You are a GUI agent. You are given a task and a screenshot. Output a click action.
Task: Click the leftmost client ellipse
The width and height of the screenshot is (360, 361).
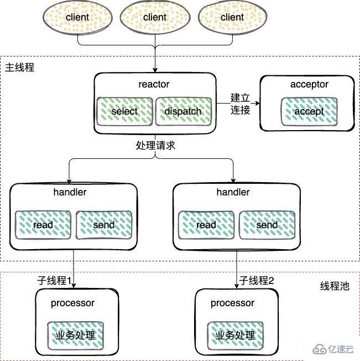point(77,18)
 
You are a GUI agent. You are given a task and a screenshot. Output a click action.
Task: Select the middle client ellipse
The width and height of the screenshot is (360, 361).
point(154,18)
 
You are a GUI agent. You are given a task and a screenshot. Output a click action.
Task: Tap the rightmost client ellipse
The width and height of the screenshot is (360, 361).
point(232,18)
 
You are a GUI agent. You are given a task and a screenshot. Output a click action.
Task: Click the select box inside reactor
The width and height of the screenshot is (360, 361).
point(124,111)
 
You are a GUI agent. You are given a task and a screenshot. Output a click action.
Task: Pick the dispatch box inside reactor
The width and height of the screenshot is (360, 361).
point(183,111)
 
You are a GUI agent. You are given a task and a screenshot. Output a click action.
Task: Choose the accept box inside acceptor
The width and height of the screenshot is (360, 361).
point(309,111)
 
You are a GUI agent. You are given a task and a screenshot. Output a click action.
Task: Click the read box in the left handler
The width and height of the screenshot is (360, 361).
point(43,225)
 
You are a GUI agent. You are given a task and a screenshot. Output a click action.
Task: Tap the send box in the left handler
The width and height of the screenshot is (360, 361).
point(104,225)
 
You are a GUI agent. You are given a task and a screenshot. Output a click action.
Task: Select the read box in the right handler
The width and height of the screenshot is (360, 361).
point(206,225)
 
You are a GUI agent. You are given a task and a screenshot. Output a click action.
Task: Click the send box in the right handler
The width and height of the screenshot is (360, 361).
point(267,225)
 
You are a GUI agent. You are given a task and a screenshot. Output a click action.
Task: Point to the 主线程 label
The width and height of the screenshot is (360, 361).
point(19,67)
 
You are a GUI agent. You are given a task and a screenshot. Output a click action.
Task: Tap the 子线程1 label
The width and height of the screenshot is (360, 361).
point(55,281)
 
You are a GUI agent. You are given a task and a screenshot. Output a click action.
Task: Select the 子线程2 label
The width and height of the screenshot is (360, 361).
point(257,281)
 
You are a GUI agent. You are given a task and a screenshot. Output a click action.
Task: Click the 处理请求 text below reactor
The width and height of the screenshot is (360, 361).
point(155,146)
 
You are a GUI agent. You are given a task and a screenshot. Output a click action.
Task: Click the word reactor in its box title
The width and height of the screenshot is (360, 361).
point(154,84)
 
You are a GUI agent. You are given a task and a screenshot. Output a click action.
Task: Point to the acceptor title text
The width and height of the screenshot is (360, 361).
point(309,84)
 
